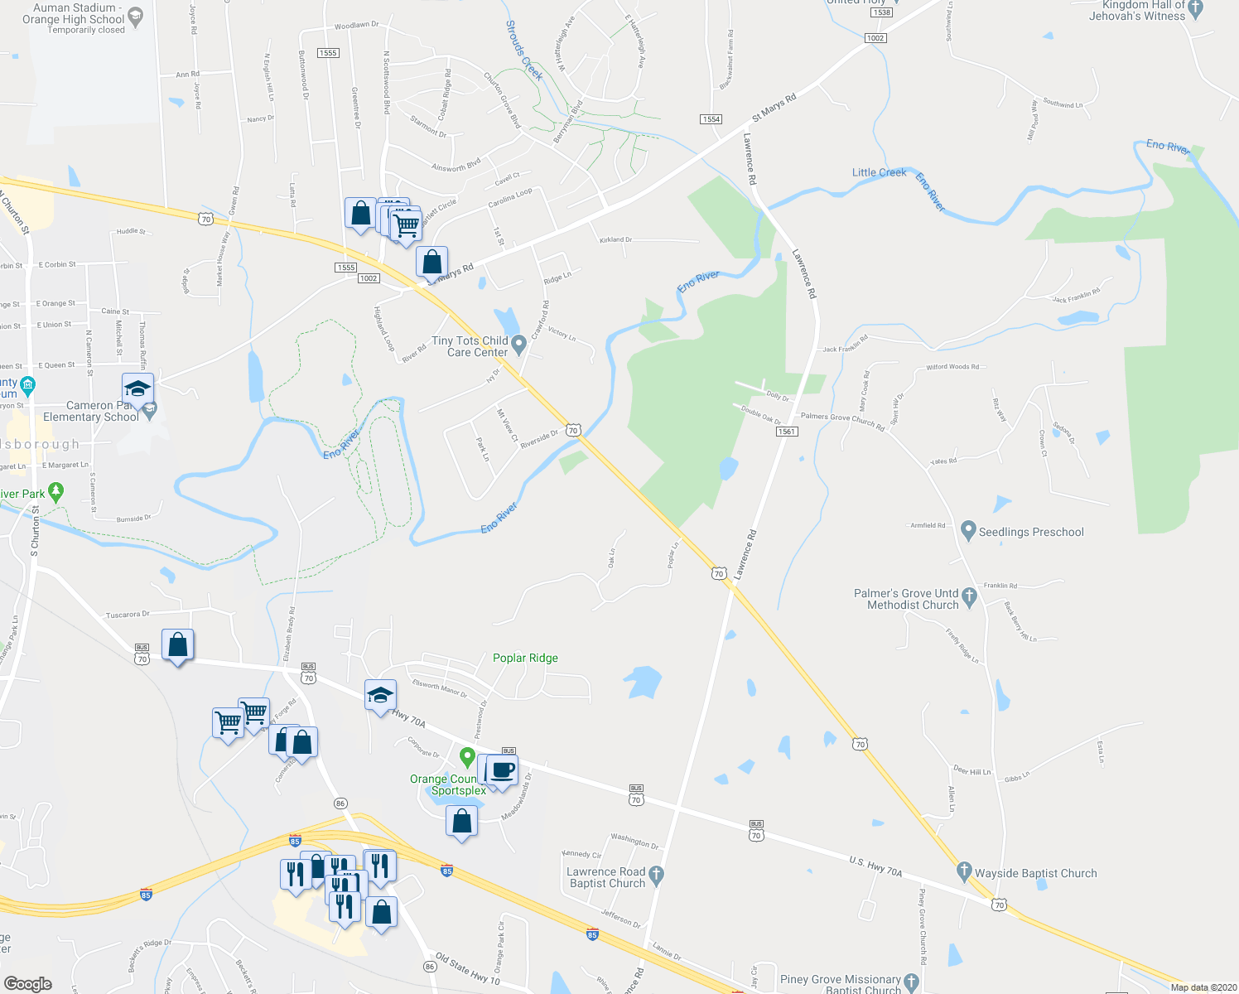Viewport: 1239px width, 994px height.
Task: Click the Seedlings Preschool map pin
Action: point(967,530)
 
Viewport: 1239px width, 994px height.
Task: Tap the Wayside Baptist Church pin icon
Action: point(963,871)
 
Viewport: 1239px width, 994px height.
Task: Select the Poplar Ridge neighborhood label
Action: point(525,658)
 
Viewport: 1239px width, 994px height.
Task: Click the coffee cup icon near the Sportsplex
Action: point(503,770)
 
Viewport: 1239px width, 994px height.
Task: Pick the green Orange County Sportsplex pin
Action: point(467,757)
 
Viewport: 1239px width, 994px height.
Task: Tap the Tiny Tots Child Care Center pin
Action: point(519,344)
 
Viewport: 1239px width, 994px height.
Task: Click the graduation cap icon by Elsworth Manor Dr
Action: point(380,696)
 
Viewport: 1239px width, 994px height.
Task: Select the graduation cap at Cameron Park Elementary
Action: point(137,389)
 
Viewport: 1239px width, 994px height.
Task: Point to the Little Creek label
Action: point(879,172)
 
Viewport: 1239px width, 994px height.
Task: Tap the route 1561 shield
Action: point(787,432)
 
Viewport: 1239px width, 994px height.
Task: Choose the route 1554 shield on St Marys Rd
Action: point(711,119)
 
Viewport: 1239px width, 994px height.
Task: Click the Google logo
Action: point(28,983)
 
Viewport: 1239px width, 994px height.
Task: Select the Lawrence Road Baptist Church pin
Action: point(656,874)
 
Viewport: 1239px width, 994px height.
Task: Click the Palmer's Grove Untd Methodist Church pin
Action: point(970,596)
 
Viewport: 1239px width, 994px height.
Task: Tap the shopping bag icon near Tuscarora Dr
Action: point(178,645)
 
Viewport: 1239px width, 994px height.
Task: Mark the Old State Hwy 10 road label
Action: point(468,970)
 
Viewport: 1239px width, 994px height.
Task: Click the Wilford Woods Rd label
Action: point(952,367)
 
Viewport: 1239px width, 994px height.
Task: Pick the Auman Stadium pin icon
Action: point(137,15)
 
